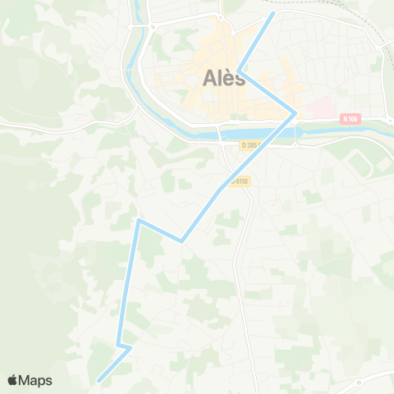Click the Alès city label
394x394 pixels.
tap(222, 80)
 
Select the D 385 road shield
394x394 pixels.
tap(251, 145)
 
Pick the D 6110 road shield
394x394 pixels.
tap(240, 181)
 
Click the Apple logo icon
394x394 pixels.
tap(13, 380)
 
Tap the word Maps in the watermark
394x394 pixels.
tap(35, 380)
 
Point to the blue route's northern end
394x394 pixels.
tap(273, 13)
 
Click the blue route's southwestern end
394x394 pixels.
tap(98, 381)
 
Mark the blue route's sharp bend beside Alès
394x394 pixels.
tap(238, 71)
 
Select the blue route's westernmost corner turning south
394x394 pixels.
tap(139, 220)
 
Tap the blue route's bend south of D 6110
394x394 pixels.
tap(181, 241)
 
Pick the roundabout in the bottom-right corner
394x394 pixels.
tap(358, 383)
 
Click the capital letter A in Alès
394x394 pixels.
tap(208, 80)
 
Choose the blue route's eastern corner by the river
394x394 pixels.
tap(295, 113)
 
